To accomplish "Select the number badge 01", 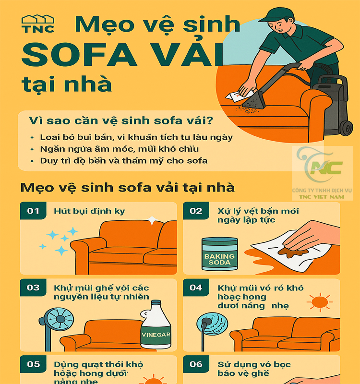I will pos(33,211).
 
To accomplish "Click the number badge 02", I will pos(196,211).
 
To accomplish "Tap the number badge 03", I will pos(33,288).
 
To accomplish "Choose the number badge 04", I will pos(196,288).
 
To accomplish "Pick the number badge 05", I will pos(33,364).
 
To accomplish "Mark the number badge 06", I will pos(196,364).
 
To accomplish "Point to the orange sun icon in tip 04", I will pos(317,303).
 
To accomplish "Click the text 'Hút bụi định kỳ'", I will pos(84,211).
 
